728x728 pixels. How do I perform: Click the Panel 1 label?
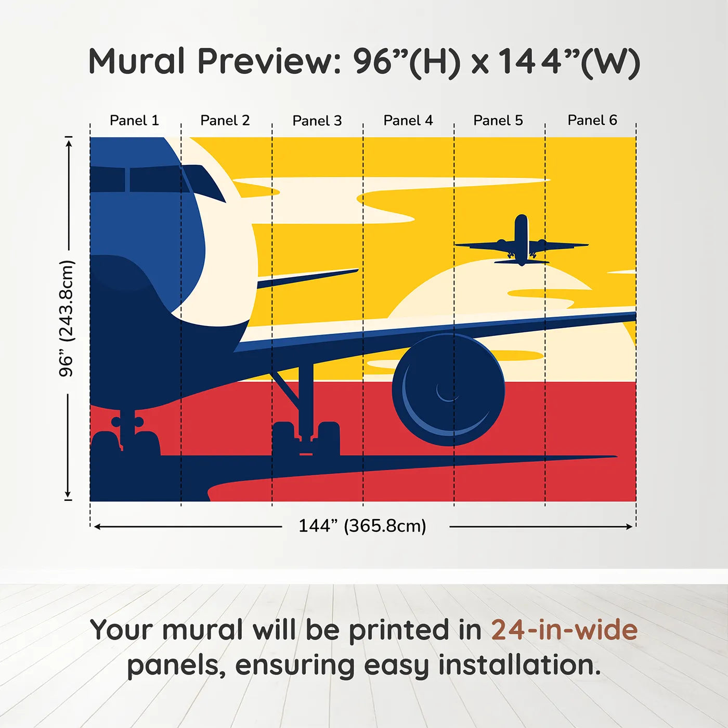click(134, 121)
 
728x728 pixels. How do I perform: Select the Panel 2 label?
click(225, 121)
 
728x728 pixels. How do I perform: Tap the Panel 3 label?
click(317, 121)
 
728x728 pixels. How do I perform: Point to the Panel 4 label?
click(408, 121)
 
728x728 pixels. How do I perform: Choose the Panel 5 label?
click(498, 121)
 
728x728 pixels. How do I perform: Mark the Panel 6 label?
click(592, 121)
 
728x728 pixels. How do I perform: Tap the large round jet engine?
click(448, 390)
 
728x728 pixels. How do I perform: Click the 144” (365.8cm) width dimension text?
click(362, 526)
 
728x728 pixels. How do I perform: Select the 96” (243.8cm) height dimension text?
click(67, 318)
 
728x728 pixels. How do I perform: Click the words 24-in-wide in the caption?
click(564, 630)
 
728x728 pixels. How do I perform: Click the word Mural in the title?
click(136, 61)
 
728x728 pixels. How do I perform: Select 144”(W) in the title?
click(569, 61)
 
